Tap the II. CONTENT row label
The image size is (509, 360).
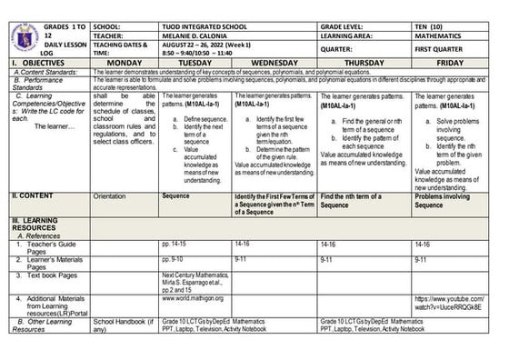34,195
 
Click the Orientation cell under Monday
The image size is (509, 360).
110,195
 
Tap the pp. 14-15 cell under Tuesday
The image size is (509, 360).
176,244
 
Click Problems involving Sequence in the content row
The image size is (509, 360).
446,200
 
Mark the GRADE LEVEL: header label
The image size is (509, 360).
348,8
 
